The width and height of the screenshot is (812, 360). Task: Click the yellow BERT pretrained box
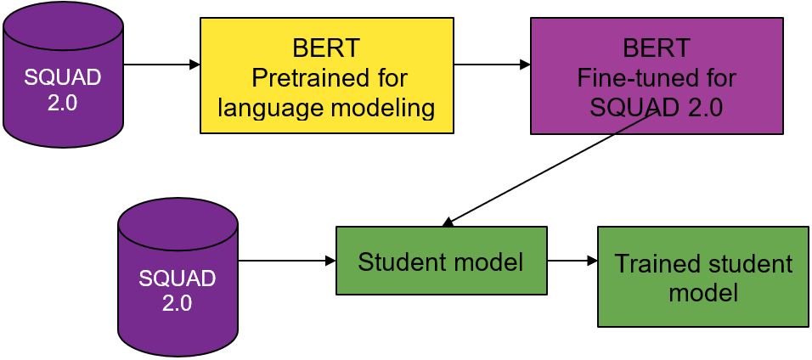click(x=327, y=76)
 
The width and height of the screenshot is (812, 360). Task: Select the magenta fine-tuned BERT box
click(x=657, y=76)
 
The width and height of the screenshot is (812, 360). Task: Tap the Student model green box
click(x=441, y=261)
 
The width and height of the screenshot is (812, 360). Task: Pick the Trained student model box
click(x=702, y=277)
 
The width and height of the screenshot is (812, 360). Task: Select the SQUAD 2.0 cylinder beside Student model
click(x=178, y=277)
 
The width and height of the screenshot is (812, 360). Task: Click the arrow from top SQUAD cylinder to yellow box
click(x=161, y=65)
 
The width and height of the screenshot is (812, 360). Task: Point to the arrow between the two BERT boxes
click(x=492, y=65)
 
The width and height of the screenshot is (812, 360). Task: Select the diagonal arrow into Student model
click(x=550, y=169)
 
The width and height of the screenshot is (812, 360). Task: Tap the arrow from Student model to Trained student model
click(x=572, y=261)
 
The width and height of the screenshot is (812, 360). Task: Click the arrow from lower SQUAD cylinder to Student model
click(x=287, y=261)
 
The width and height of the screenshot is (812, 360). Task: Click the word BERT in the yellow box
click(x=325, y=48)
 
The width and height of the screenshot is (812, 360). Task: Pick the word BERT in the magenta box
click(x=657, y=48)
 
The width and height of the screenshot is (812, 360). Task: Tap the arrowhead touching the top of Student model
click(x=448, y=222)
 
